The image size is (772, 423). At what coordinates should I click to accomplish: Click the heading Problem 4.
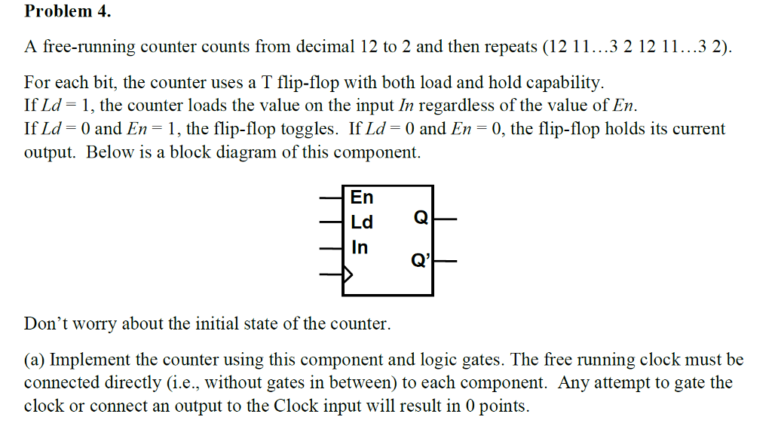pos(67,11)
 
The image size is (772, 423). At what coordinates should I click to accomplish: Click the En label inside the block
pos(362,198)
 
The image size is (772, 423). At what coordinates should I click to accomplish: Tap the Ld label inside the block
pos(362,222)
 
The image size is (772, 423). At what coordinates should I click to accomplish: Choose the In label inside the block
pos(360,247)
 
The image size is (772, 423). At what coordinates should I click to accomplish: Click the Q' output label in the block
pos(420,261)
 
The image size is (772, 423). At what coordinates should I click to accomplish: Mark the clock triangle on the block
pos(348,274)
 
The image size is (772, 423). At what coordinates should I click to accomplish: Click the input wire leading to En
pos(332,198)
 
